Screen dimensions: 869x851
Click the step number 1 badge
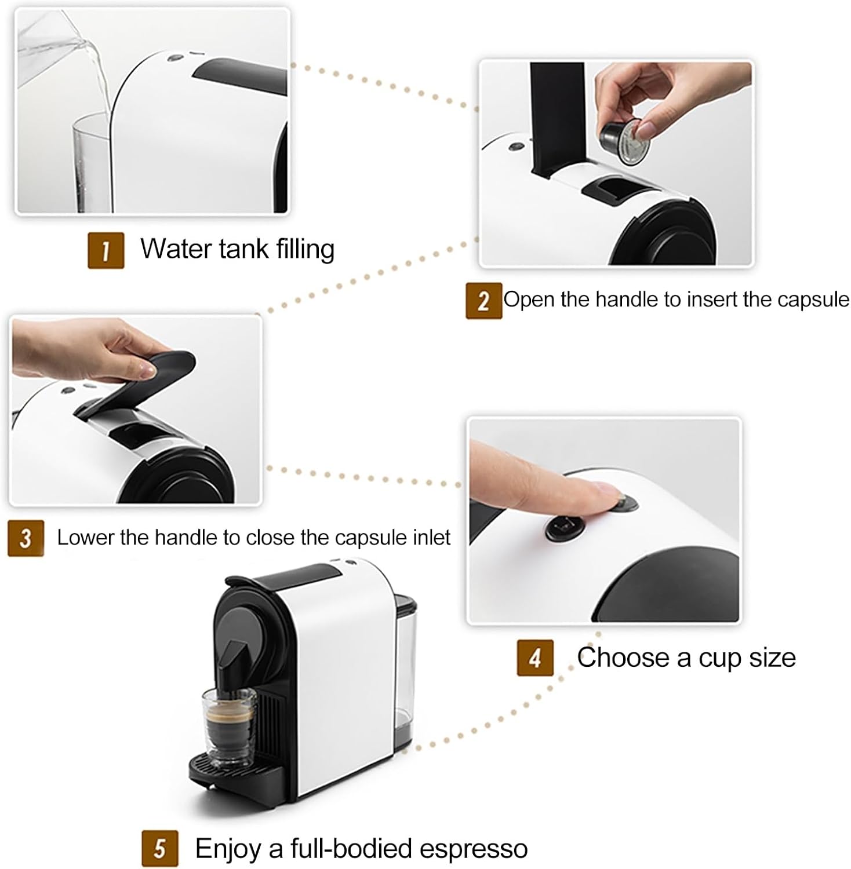point(106,250)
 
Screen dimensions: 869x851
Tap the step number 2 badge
point(483,301)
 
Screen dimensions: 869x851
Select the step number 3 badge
point(26,538)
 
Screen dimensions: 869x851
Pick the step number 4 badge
point(534,658)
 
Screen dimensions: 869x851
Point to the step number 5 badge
point(159,849)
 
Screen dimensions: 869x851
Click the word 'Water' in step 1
point(176,249)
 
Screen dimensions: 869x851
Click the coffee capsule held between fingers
point(625,141)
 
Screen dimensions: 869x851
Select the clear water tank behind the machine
point(403,672)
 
